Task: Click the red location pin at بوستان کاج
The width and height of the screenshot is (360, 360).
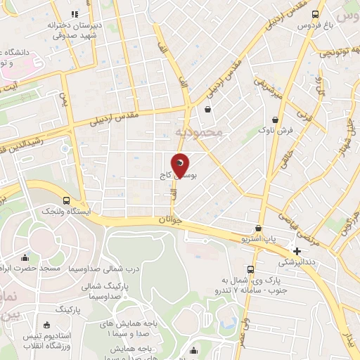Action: (x=181, y=166)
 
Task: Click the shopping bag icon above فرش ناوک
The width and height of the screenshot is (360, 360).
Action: (x=283, y=120)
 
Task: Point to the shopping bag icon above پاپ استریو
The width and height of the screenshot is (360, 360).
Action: (x=259, y=228)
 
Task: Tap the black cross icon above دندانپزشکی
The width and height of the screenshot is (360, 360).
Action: (x=297, y=251)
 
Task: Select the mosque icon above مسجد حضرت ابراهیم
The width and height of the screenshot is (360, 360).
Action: (x=26, y=257)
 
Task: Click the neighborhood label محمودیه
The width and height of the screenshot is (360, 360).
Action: (x=198, y=131)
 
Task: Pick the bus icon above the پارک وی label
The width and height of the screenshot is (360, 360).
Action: (x=250, y=269)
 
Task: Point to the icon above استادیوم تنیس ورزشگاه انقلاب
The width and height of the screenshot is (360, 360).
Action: (x=47, y=324)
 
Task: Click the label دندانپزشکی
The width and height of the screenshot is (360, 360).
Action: (x=299, y=262)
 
